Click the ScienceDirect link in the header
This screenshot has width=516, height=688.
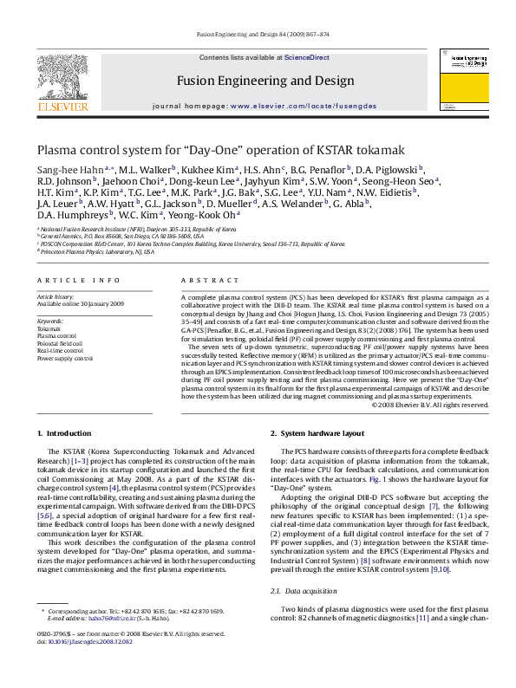(x=308, y=57)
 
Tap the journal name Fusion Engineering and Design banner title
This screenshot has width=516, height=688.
(x=265, y=81)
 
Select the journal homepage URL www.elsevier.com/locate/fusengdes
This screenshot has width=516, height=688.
(x=302, y=106)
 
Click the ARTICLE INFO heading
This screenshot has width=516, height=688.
(x=79, y=281)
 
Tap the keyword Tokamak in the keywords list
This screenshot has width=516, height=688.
(x=49, y=330)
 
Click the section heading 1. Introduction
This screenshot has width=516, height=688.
(x=63, y=432)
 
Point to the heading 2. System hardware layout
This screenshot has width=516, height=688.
(x=317, y=432)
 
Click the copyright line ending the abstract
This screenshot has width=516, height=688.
(x=430, y=405)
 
